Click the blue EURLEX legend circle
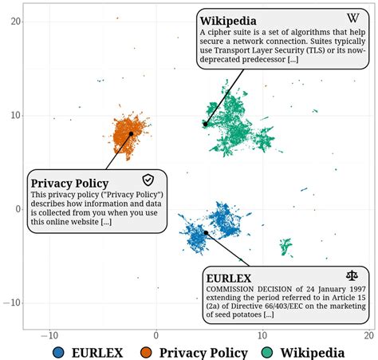point(59,352)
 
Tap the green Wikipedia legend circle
point(265,352)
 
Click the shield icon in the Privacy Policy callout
point(148,180)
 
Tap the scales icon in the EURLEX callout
point(352,275)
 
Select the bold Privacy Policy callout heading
point(69,183)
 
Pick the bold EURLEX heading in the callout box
point(230,278)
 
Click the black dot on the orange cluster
point(132,134)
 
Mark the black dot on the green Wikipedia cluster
point(205,124)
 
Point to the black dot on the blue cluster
point(206,233)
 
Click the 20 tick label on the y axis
point(14,22)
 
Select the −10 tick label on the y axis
point(10,303)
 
